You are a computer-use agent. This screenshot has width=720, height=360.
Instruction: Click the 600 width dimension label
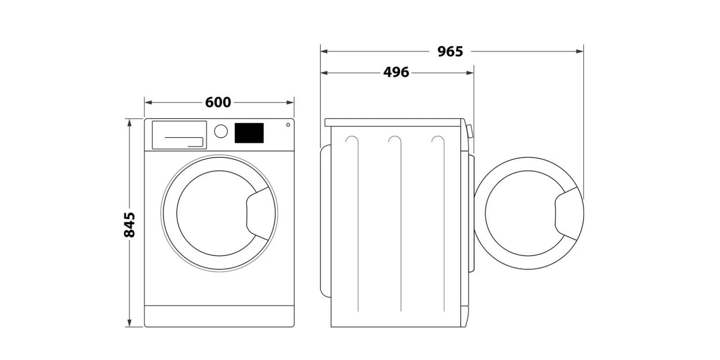[x=218, y=103]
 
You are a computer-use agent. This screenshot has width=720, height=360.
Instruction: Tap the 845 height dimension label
[x=129, y=224]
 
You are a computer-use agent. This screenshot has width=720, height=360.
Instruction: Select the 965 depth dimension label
[x=450, y=52]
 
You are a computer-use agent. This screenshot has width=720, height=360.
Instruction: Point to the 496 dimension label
[x=396, y=72]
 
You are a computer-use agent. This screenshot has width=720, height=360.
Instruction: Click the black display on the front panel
[x=249, y=133]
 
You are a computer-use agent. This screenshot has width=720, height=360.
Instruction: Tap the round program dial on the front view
[x=220, y=131]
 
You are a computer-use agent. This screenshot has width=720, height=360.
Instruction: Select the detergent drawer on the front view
[x=179, y=135]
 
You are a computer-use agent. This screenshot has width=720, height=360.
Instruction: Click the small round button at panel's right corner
[x=288, y=125]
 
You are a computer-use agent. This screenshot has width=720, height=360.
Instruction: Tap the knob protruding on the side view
[x=470, y=131]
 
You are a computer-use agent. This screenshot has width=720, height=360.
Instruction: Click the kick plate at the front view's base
[x=219, y=316]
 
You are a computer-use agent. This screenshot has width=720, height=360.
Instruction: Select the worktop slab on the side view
[x=395, y=122]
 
